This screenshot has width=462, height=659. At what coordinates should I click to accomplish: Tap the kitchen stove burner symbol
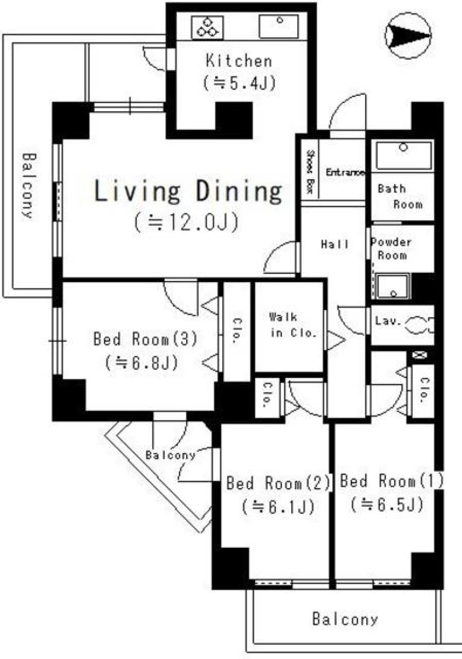pos(208,27)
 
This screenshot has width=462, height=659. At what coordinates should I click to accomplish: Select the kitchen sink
pos(279,26)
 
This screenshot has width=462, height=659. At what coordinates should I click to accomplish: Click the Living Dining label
pos(188,191)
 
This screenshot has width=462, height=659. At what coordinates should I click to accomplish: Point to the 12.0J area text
pos(187,222)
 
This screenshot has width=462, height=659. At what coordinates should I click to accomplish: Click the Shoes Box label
pos(310,172)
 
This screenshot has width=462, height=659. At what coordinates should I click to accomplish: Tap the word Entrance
pos(345,172)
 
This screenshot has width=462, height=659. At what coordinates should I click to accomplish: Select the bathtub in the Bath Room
pos(403,155)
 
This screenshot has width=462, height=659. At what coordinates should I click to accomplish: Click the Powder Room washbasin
pos(393,286)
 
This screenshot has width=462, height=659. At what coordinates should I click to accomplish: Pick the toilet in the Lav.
pos(418,324)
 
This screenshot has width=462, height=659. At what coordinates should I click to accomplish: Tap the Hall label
pos(335,245)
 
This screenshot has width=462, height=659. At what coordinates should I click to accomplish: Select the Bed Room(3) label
pos(145,339)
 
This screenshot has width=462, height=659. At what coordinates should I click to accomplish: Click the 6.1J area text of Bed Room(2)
pos(279,506)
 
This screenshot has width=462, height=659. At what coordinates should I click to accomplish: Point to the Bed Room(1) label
pos(391,481)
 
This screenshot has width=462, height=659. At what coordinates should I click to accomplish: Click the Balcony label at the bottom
pos(345,619)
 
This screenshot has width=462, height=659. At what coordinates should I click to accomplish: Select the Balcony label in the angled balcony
pos(170,455)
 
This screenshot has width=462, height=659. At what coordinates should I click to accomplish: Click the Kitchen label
pos(239,61)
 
